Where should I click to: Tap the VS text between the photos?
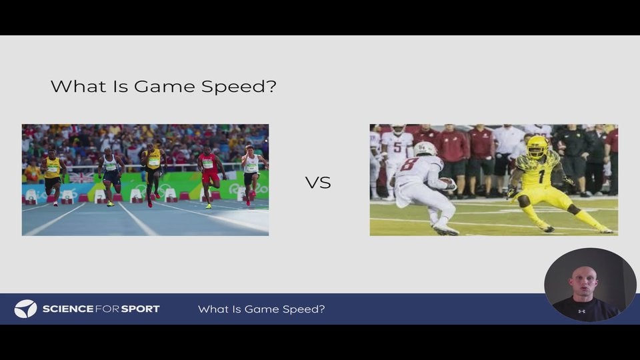click(x=318, y=183)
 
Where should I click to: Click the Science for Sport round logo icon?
click(x=25, y=309)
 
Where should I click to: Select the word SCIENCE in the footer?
click(x=68, y=309)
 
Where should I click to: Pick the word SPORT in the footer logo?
click(x=140, y=309)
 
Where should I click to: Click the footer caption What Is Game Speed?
click(x=261, y=309)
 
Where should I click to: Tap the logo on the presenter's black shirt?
click(x=581, y=311)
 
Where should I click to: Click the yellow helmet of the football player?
click(x=537, y=147)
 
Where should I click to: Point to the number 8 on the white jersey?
click(x=409, y=165)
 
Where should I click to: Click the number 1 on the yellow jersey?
click(x=541, y=176)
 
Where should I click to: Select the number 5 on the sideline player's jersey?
click(x=397, y=147)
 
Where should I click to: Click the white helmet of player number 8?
click(x=425, y=149)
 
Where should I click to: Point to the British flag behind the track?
click(x=81, y=177)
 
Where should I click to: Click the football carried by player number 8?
click(x=449, y=183)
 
